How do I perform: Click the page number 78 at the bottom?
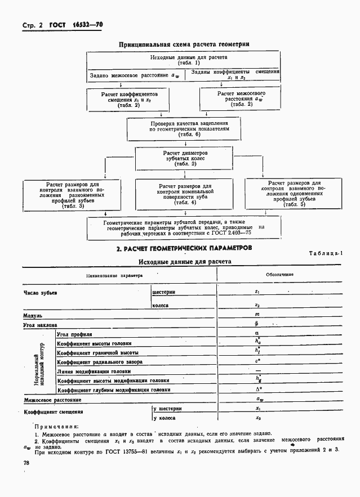26,462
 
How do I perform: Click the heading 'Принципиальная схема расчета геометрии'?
184,43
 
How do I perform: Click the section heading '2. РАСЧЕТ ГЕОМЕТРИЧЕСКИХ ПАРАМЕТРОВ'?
184,248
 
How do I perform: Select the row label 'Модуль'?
33,316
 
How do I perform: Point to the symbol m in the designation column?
256,314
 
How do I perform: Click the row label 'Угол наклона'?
41,325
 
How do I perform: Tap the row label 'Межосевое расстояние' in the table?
52,400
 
